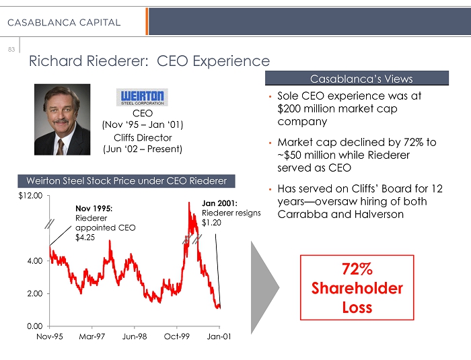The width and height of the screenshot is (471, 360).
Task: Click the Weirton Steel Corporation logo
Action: (142, 97)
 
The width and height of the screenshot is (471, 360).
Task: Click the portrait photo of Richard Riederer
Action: (67, 120)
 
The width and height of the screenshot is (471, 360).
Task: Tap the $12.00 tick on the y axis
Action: (30, 196)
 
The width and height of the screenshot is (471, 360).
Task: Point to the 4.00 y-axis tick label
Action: (34, 260)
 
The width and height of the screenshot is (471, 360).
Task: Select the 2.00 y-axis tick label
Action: (34, 293)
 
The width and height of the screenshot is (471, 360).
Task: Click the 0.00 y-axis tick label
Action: (34, 326)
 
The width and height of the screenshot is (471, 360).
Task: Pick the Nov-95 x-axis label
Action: (49, 337)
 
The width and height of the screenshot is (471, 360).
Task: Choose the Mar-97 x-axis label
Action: (92, 337)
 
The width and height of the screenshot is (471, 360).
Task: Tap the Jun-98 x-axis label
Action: (135, 337)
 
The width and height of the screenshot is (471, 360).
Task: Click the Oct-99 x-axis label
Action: (177, 337)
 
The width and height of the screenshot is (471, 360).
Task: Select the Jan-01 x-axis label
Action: (219, 337)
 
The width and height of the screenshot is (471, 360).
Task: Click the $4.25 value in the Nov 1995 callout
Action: (85, 238)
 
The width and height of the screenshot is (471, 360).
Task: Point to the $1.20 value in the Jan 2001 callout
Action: (211, 223)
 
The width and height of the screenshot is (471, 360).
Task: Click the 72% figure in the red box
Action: (357, 269)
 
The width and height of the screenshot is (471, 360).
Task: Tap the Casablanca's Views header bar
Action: (361, 79)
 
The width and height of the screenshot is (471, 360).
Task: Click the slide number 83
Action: (11, 49)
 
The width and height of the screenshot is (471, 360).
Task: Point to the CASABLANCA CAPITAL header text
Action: (64, 23)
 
